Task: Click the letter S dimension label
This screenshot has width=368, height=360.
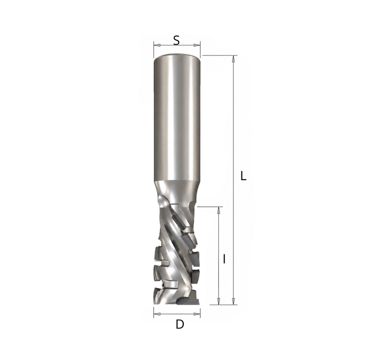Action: (176, 40)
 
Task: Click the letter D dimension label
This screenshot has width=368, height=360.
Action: (180, 324)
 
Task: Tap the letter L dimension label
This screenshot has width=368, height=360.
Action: (244, 176)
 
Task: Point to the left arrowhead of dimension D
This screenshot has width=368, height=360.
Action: (157, 314)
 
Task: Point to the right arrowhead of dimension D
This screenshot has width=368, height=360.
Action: (197, 314)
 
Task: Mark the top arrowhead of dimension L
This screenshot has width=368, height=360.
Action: (233, 59)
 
